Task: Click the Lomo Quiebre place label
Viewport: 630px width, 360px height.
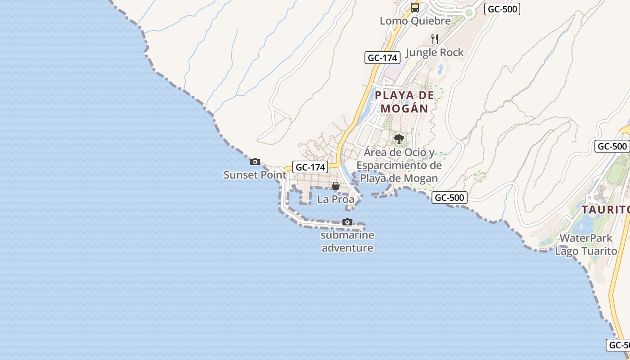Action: (x=415, y=21)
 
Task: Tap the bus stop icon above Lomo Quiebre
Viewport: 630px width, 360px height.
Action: (x=415, y=8)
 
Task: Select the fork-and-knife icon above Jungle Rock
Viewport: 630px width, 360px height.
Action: (x=435, y=39)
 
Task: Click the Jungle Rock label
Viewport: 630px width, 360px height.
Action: (x=434, y=52)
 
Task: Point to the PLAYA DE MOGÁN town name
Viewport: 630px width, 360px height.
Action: (x=405, y=102)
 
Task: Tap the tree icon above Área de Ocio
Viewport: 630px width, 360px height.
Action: (x=399, y=139)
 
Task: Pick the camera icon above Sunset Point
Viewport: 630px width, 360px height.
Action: (x=255, y=162)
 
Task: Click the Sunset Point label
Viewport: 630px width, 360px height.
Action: (x=255, y=175)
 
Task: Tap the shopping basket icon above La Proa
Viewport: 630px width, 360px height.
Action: (x=336, y=186)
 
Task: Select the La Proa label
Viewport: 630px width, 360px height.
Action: (x=336, y=199)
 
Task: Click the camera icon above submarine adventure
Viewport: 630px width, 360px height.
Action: (x=347, y=222)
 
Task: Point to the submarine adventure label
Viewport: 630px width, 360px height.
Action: (x=347, y=241)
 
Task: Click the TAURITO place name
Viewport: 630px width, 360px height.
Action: (x=605, y=210)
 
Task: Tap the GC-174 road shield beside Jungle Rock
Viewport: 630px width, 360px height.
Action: (x=382, y=58)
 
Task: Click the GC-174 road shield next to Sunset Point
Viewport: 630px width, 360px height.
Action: (x=310, y=167)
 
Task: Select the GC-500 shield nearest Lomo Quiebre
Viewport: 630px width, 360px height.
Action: (x=502, y=9)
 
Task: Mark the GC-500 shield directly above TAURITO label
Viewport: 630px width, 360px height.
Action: (x=612, y=146)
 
